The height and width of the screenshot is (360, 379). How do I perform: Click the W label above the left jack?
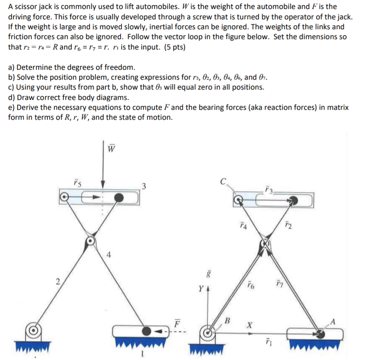coord(111,148)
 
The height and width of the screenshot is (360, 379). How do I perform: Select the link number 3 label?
coord(143,186)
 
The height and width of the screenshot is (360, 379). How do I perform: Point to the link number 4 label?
coord(109,257)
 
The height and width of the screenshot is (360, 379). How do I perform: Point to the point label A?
coord(333,321)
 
